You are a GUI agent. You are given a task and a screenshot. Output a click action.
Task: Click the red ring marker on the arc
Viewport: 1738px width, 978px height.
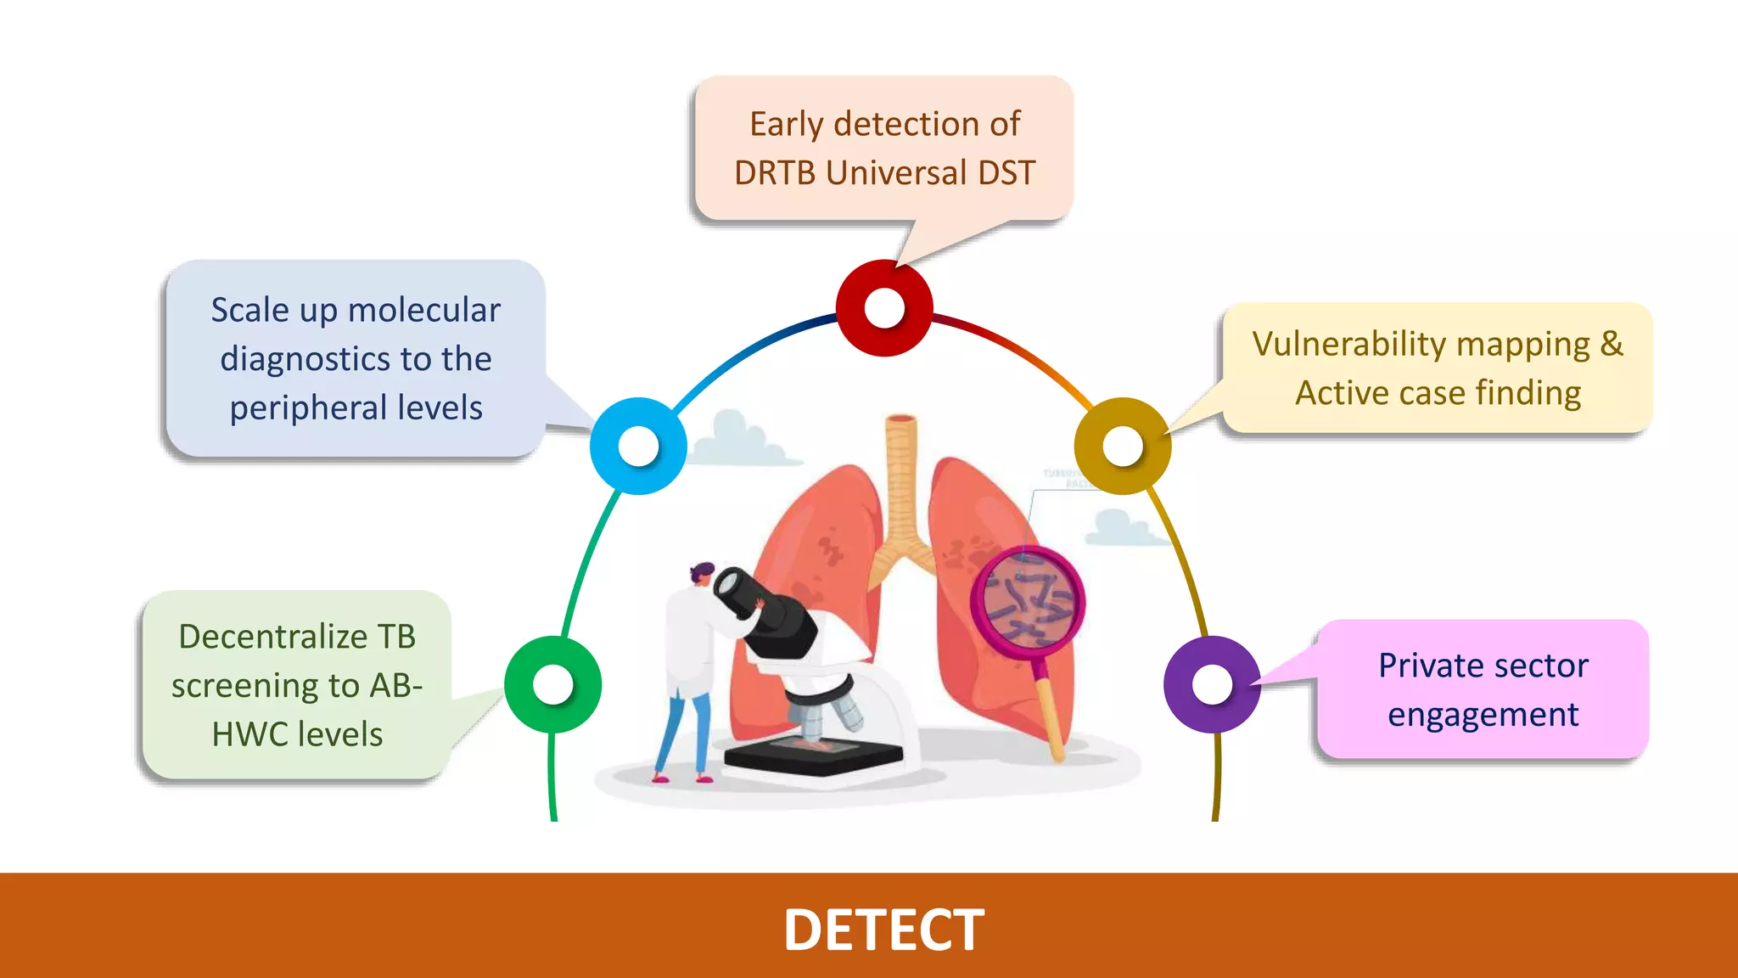pos(884,307)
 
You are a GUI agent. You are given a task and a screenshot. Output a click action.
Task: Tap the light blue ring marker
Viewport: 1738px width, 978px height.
pos(638,446)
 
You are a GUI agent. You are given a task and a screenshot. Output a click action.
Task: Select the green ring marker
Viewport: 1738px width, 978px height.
pos(553,684)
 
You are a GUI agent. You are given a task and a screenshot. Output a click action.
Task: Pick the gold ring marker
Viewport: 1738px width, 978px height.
pos(1123,446)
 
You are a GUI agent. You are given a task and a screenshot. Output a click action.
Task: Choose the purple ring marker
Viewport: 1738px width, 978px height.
pos(1212,684)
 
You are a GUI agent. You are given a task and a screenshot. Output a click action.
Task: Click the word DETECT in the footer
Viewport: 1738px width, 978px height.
pos(883,930)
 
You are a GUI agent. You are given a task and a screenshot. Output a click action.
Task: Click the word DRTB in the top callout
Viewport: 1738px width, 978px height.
pos(775,173)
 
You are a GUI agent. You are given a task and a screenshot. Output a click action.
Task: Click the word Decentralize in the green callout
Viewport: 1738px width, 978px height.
pos(272,637)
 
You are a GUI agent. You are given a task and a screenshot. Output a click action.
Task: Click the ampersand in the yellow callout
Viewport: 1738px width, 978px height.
pos(1611,344)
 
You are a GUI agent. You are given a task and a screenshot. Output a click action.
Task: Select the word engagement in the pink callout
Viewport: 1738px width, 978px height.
pos(1483,715)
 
